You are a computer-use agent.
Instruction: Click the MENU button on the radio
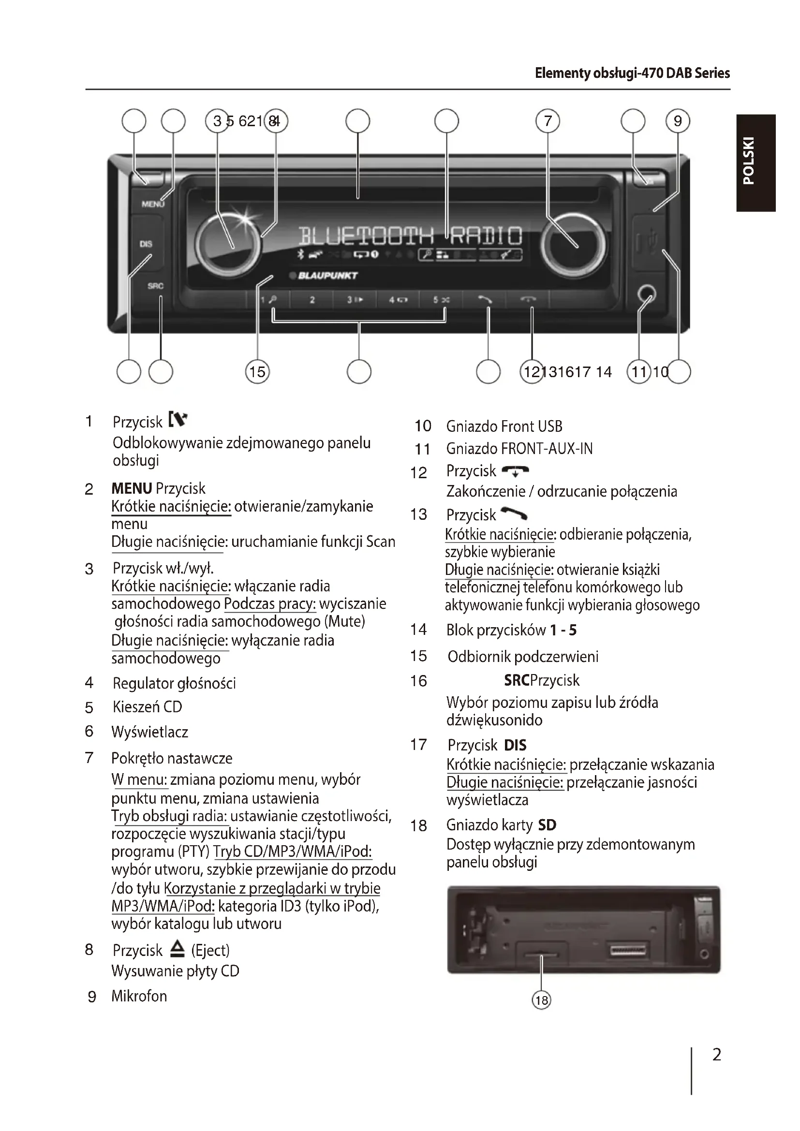[152, 204]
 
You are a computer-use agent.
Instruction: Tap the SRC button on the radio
[155, 286]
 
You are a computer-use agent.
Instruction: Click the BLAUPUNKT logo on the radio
[327, 275]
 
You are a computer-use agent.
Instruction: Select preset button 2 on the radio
[312, 299]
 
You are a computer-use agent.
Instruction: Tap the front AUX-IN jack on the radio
[646, 294]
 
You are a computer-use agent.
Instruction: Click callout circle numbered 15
[257, 371]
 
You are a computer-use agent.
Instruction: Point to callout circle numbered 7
[548, 121]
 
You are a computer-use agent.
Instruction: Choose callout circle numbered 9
[678, 121]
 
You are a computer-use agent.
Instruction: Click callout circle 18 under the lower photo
[541, 1000]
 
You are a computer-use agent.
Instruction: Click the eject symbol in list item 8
[177, 949]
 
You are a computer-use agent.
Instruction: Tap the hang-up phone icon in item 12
[515, 471]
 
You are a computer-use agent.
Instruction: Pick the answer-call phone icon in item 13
[514, 514]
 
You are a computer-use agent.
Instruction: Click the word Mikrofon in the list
[139, 996]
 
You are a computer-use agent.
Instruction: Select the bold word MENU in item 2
[132, 488]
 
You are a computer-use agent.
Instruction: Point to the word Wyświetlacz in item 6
[150, 732]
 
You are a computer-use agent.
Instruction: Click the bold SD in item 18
[547, 824]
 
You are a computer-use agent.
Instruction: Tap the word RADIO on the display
[485, 236]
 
